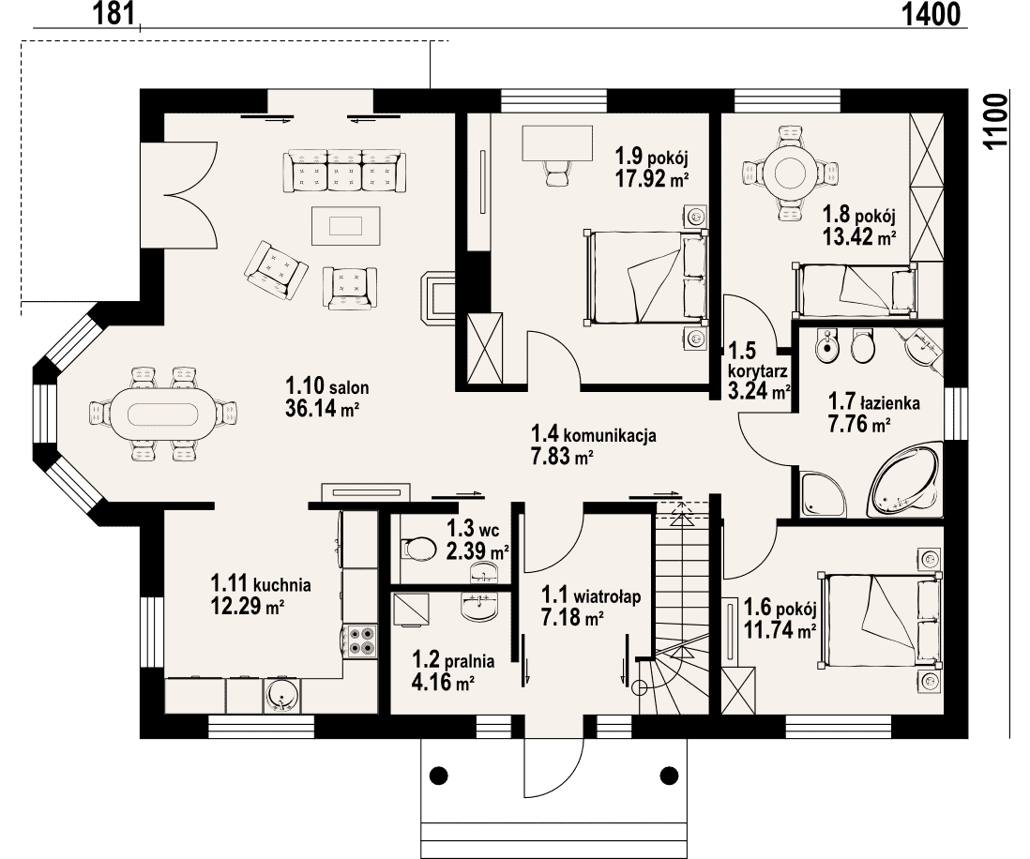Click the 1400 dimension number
click(x=931, y=13)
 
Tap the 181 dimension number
click(x=114, y=13)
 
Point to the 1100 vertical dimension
click(x=996, y=122)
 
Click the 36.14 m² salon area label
click(x=322, y=409)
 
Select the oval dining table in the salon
click(x=162, y=414)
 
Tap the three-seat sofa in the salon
click(x=345, y=172)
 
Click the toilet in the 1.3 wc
click(x=417, y=549)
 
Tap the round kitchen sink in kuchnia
click(x=282, y=696)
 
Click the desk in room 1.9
click(x=558, y=143)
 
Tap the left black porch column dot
click(x=439, y=775)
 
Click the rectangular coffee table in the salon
click(x=345, y=226)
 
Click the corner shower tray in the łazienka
click(x=823, y=492)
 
